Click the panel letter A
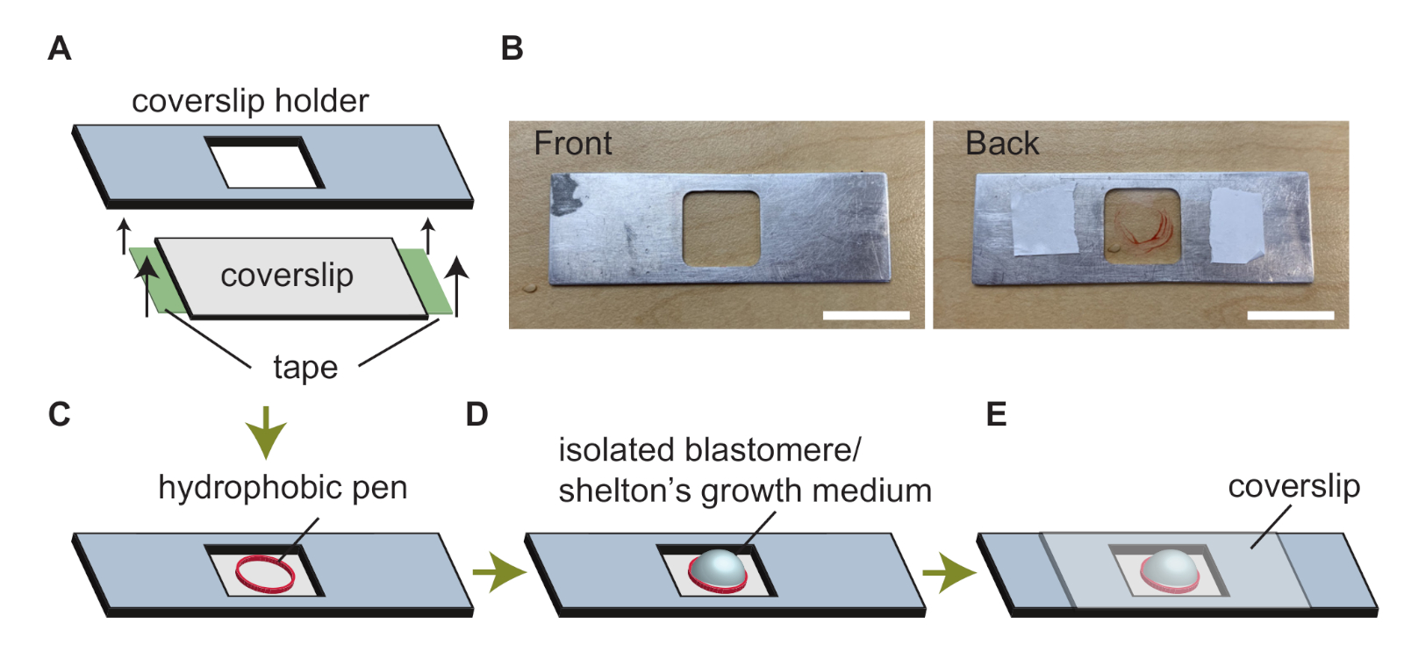(59, 48)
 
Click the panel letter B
(512, 48)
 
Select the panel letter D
(476, 414)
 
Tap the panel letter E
(996, 414)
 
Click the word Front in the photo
(573, 144)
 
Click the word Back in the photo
(1002, 144)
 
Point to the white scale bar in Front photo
(866, 315)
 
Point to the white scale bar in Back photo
(1290, 315)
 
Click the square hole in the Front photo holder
(721, 228)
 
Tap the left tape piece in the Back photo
(1044, 219)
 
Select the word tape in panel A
(305, 368)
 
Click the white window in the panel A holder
(264, 166)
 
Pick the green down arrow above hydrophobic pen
(266, 432)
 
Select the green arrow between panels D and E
(949, 573)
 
